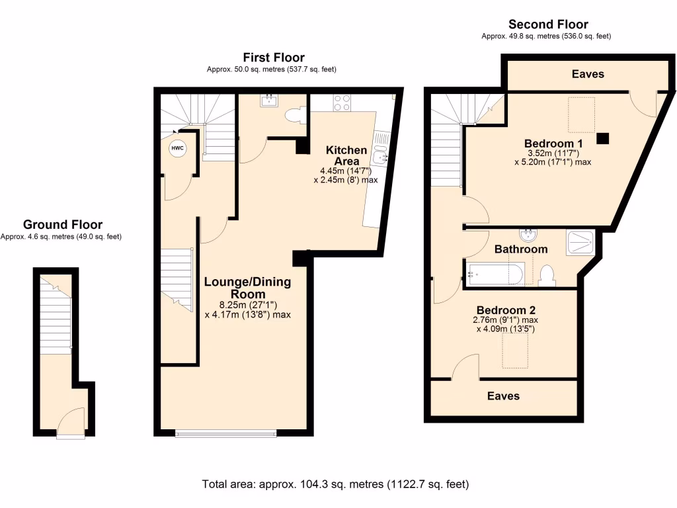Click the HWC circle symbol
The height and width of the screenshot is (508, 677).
click(x=177, y=148)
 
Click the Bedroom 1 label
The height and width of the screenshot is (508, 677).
click(x=553, y=144)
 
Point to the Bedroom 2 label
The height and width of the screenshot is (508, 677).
click(x=506, y=310)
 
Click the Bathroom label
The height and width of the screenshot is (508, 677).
click(x=521, y=249)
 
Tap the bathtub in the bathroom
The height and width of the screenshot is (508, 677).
click(x=495, y=273)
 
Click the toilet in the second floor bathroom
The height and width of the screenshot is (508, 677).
click(x=547, y=275)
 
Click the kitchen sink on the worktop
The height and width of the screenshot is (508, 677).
click(x=379, y=157)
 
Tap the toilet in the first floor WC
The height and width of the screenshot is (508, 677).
click(x=295, y=116)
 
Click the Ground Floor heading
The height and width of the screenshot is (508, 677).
click(x=63, y=225)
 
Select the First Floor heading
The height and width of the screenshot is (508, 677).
click(x=274, y=58)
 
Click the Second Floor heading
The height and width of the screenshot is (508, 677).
click(x=548, y=24)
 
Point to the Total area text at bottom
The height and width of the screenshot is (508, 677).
click(x=336, y=484)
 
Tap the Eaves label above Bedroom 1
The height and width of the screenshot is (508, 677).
click(x=588, y=74)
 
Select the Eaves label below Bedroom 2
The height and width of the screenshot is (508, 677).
click(x=503, y=396)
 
